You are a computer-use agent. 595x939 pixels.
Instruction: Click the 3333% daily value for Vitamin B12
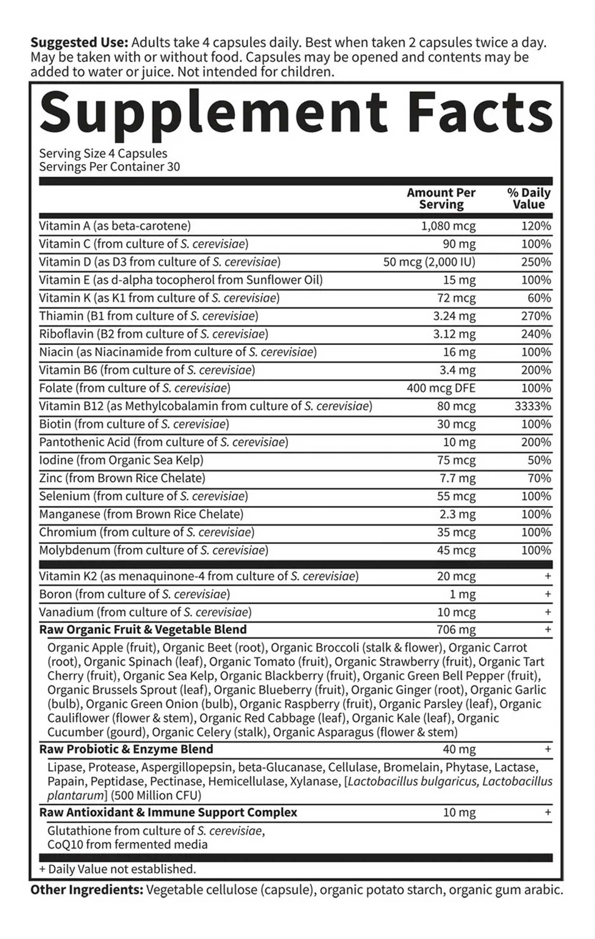[x=533, y=406]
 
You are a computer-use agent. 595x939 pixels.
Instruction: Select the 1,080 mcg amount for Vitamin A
[x=448, y=226]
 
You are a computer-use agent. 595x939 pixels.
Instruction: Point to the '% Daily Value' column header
[x=529, y=198]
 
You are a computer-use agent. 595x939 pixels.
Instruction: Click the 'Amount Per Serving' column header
[x=441, y=198]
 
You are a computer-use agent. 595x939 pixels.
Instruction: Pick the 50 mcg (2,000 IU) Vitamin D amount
[x=429, y=262]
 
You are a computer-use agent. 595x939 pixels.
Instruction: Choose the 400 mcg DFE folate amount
[x=441, y=388]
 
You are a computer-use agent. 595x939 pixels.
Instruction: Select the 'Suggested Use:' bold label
[x=80, y=43]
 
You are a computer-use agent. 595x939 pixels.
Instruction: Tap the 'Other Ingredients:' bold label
[x=87, y=889]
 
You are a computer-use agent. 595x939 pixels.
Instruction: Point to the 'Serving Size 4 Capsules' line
[x=103, y=153]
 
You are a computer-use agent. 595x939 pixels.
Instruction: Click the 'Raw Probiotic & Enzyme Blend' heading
[x=126, y=749]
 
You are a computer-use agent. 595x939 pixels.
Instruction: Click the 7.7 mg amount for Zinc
[x=457, y=478]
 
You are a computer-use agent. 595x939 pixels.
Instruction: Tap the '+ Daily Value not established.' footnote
[x=118, y=869]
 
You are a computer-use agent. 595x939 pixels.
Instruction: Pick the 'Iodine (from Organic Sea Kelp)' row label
[x=121, y=460]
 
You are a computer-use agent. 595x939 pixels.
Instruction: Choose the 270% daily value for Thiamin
[x=536, y=316]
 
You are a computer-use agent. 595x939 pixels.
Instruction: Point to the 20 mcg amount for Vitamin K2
[x=456, y=576]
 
